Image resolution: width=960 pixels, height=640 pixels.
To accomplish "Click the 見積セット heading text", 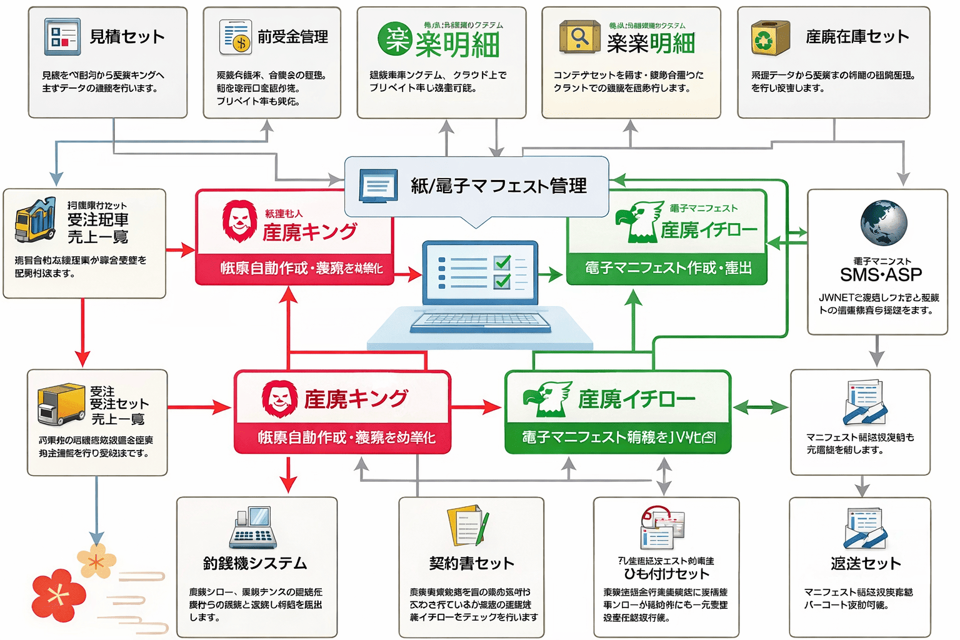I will coord(127,36).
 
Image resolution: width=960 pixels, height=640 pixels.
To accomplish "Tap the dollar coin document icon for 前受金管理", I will coord(236,36).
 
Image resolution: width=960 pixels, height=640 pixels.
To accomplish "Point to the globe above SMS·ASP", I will coord(884,223).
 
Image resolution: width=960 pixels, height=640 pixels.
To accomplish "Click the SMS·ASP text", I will coord(881,274).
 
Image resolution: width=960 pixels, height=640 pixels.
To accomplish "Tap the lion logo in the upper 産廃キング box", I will coord(239,221).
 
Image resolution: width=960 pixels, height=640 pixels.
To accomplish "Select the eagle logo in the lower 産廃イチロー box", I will coord(547,399).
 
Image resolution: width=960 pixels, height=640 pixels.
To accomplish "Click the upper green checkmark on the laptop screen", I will coord(502,262).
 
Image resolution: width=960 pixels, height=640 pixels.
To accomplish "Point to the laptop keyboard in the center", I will coord(480,322).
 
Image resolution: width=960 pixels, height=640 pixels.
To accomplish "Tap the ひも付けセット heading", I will coord(666,573).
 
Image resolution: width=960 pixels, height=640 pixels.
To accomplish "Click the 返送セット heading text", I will coord(866,563).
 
